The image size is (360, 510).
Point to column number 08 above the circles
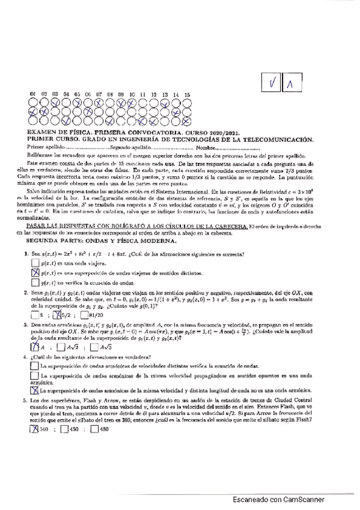point(110,94)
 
